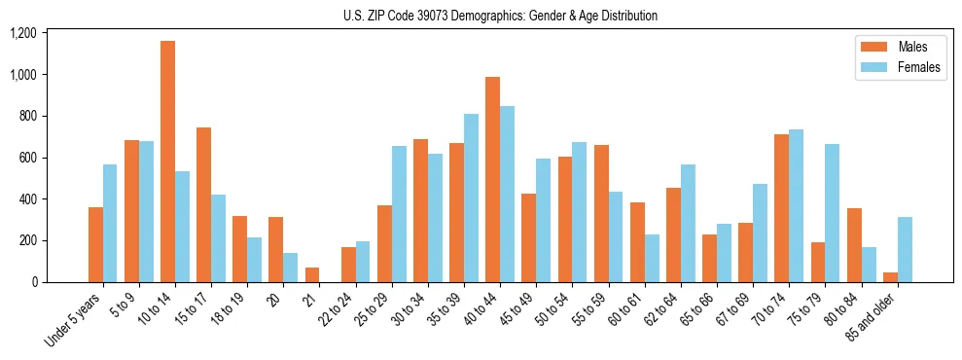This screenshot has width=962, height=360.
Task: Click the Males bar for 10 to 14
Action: click(167, 162)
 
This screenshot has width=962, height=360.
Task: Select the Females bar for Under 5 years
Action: click(110, 223)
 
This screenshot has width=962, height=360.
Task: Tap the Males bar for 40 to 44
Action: click(492, 179)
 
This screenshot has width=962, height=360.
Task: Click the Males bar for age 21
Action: click(311, 274)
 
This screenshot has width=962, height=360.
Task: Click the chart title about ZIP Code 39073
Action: click(500, 16)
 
